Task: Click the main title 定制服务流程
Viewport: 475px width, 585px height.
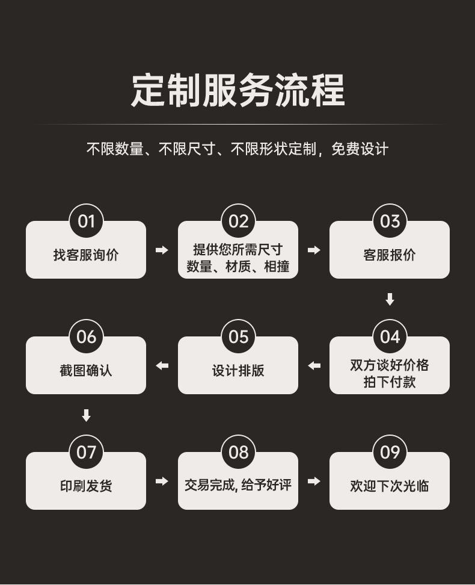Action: point(237,90)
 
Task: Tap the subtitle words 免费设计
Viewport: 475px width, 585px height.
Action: point(360,149)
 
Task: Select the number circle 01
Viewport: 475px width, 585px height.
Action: point(86,221)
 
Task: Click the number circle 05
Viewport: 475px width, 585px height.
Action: point(238,337)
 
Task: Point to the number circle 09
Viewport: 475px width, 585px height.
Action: point(390,453)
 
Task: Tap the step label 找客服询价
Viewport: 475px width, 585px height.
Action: point(86,255)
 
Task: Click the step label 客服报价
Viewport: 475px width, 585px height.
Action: point(390,255)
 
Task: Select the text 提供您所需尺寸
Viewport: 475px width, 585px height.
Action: point(238,249)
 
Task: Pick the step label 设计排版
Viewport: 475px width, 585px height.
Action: point(238,371)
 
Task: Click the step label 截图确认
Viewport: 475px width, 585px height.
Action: point(86,371)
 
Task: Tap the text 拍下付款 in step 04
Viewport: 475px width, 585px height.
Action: point(390,382)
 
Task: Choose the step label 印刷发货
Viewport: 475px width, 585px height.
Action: point(86,486)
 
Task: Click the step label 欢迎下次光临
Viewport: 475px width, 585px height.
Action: point(390,486)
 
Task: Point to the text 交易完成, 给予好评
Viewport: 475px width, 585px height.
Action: point(238,484)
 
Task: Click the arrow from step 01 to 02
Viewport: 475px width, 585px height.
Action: point(162,250)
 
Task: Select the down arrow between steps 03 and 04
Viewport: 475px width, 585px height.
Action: point(390,299)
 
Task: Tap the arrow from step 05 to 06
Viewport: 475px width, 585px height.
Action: point(162,365)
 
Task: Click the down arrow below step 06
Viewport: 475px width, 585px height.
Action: point(86,415)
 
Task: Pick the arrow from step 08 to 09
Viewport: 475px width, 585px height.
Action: point(314,481)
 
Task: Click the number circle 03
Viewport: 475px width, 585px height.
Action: point(390,221)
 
